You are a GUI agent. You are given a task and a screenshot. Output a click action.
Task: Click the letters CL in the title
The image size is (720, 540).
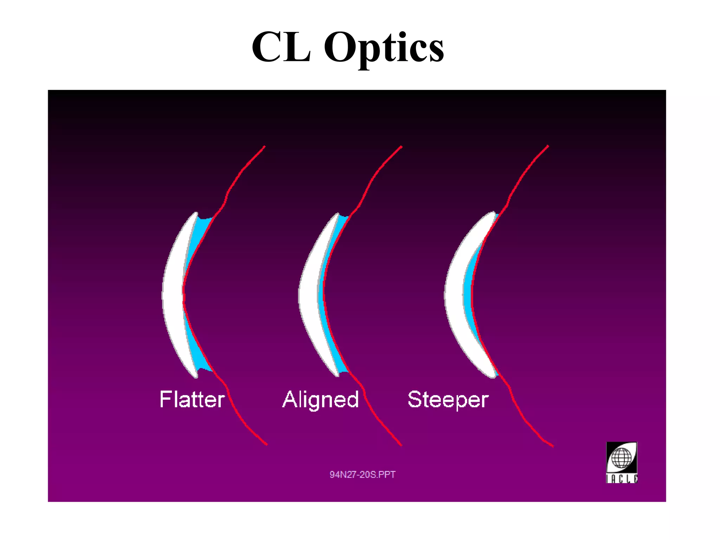tap(281, 47)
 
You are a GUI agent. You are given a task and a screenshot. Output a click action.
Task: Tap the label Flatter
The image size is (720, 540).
tap(192, 399)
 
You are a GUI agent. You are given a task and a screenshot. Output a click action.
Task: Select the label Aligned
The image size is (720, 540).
tap(320, 400)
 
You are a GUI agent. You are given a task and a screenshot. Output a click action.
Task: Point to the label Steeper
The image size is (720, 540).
tap(448, 400)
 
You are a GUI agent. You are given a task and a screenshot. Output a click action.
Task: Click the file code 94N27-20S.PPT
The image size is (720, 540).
tap(362, 475)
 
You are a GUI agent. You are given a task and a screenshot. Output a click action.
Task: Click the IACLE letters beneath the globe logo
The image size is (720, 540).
tap(622, 479)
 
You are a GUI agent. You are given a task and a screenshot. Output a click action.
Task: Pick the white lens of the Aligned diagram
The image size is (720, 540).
tap(309, 295)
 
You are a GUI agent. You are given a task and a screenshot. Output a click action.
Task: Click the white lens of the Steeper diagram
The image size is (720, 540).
tap(454, 295)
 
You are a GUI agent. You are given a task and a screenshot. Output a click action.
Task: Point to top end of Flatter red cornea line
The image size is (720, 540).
tap(264, 147)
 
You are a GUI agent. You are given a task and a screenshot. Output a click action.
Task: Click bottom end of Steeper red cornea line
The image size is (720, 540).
tap(553, 446)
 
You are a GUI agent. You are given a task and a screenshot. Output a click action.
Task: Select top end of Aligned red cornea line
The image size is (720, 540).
tap(401, 147)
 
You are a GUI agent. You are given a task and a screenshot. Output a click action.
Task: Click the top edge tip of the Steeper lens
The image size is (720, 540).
tap(494, 213)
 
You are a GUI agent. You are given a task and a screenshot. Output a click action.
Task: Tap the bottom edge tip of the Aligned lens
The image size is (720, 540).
tap(336, 375)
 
